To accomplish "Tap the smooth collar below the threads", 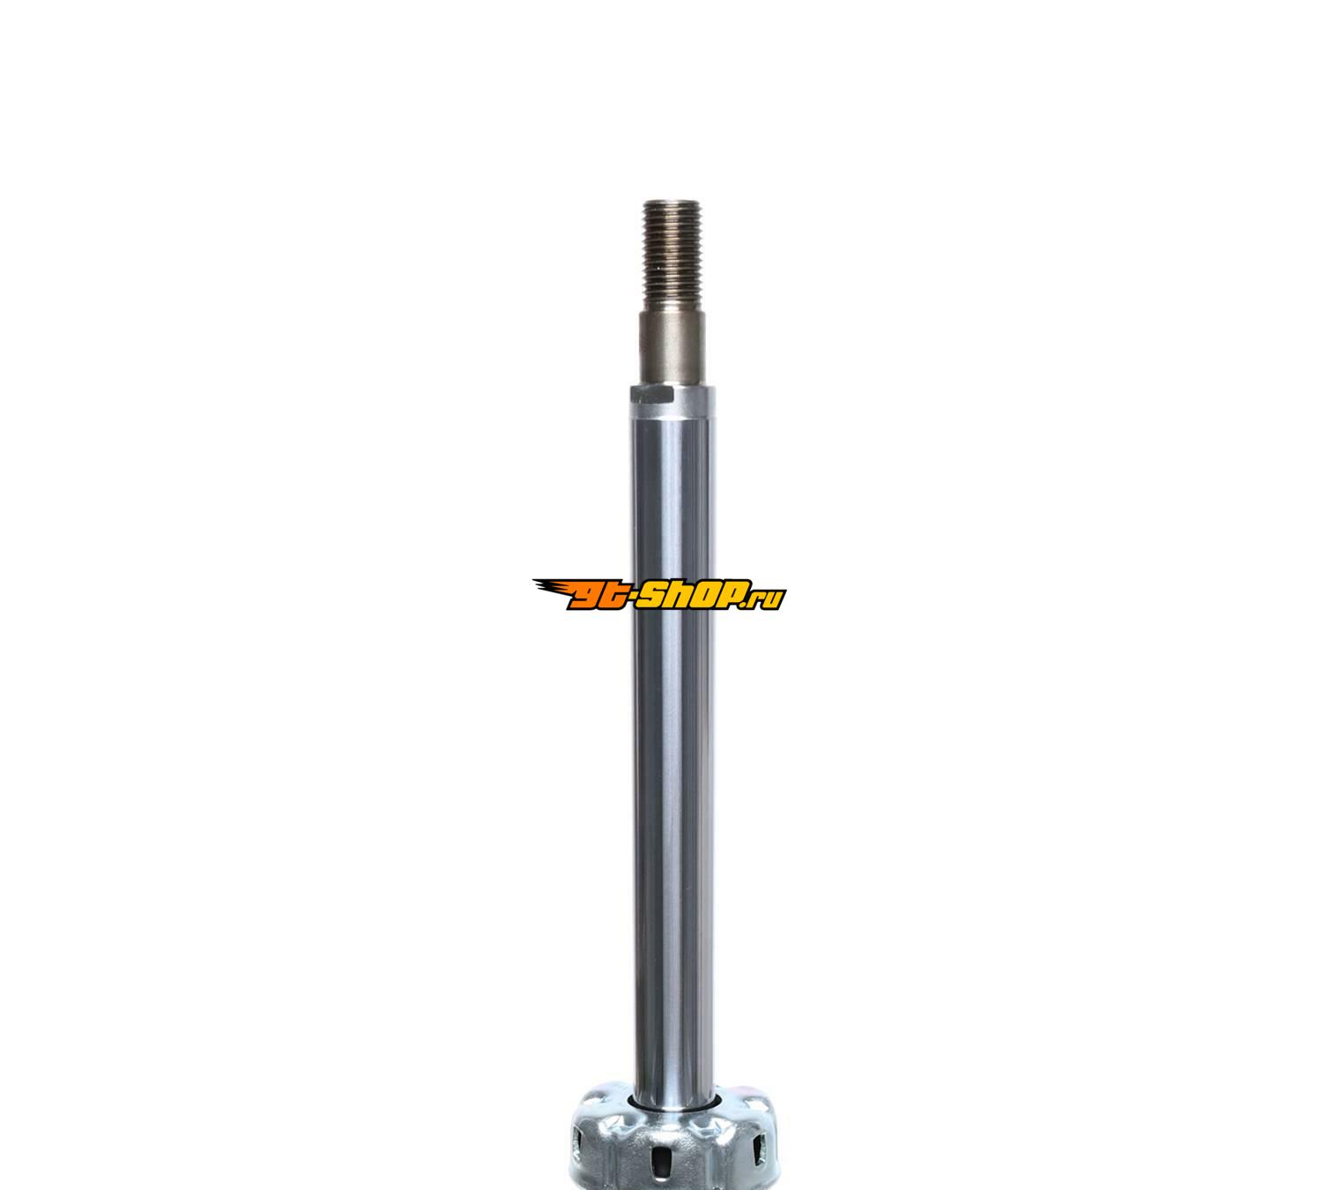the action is point(672,348).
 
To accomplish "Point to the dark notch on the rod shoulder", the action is point(652,396).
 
